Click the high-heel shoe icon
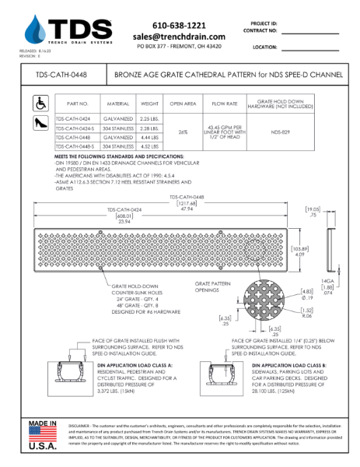point(38,122)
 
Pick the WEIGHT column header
point(149,103)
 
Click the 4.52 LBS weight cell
point(149,146)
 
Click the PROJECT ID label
point(263,24)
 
